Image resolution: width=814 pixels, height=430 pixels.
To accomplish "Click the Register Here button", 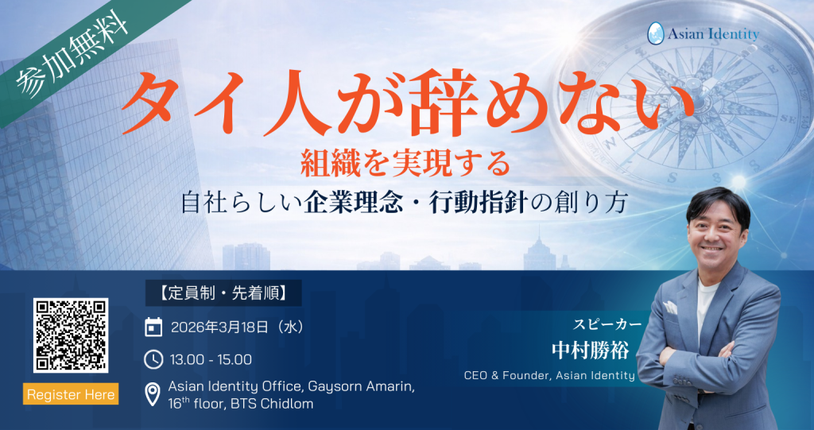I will click(71, 394).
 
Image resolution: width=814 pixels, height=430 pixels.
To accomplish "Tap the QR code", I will click(71, 335).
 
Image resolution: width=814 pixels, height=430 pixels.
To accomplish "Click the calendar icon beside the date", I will click(153, 327).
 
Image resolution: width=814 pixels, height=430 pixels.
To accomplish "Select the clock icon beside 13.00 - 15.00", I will click(153, 359).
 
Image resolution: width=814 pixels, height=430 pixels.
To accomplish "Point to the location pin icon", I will click(153, 393).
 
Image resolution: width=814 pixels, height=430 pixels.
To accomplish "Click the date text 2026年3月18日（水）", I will click(238, 327).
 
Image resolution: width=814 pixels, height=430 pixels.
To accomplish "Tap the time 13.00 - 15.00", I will click(211, 360).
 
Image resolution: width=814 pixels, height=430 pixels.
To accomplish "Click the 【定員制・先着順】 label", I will click(223, 292).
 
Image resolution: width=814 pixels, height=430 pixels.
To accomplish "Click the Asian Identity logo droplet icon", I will click(656, 33).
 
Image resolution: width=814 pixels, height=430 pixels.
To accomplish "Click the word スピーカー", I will click(607, 324).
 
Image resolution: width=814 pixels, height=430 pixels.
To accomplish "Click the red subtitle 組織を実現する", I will click(405, 165).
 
